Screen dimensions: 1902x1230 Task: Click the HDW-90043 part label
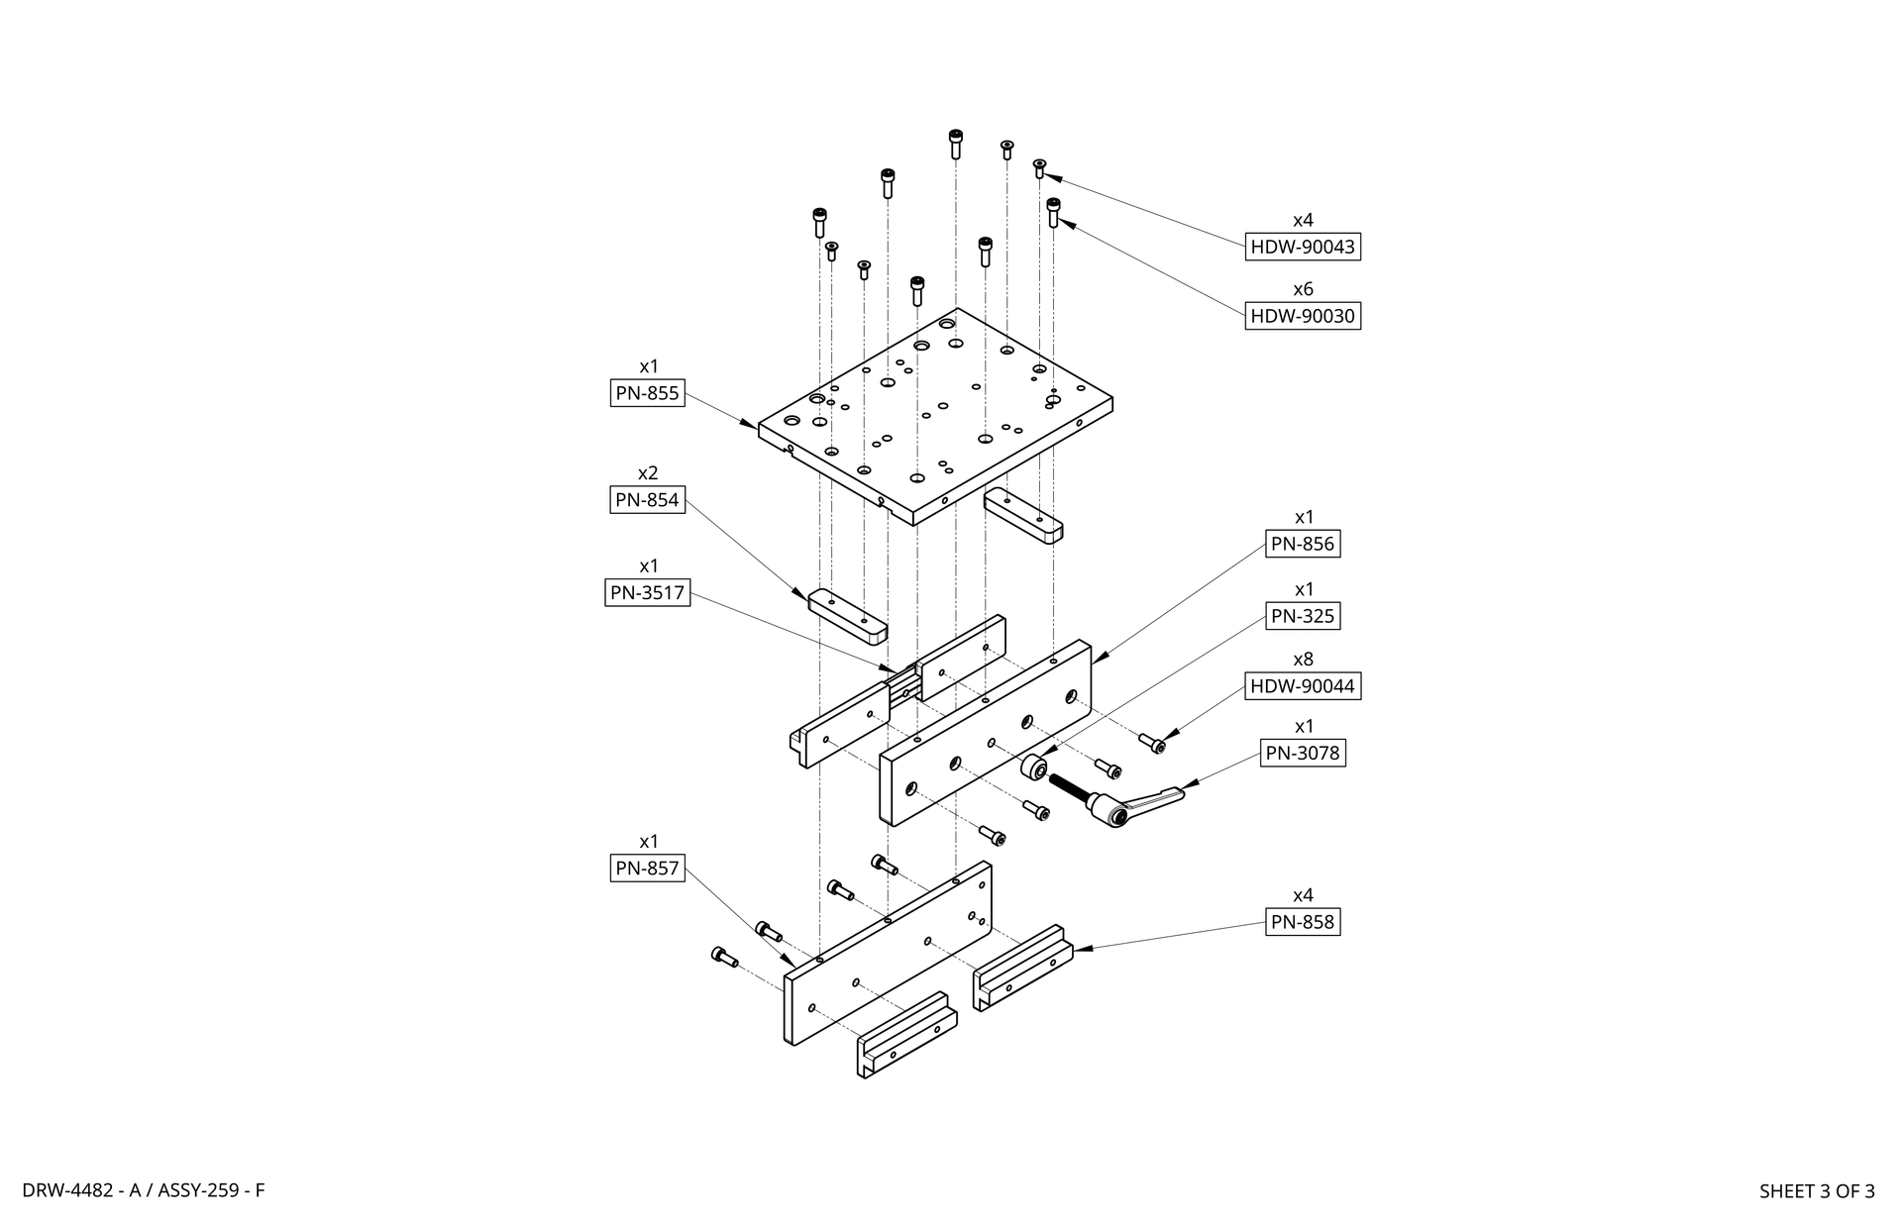[x=1303, y=247]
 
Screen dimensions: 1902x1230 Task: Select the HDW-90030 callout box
[x=1303, y=316]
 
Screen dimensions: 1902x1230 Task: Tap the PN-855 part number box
[x=648, y=393]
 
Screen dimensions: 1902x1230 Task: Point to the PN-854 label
[x=648, y=500]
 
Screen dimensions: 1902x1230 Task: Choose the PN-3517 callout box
[x=648, y=593]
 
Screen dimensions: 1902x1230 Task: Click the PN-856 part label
[x=1303, y=544]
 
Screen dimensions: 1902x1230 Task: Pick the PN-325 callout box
[x=1303, y=616]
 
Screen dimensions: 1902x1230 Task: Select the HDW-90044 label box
[x=1303, y=686]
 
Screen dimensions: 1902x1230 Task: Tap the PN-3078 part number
[x=1304, y=753]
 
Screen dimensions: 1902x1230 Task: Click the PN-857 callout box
[x=648, y=869]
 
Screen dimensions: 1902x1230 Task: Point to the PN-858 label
[x=1303, y=922]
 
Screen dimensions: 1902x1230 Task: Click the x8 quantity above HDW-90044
[x=1303, y=660]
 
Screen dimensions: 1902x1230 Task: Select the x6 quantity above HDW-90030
[x=1303, y=289]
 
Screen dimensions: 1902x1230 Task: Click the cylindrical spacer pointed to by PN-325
[x=1034, y=768]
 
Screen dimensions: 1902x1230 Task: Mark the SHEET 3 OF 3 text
[x=1817, y=1191]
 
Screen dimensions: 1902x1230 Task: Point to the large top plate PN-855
[x=935, y=416]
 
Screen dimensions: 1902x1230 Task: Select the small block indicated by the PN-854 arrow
[x=848, y=617]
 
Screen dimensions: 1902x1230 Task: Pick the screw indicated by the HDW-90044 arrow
[x=1151, y=743]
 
